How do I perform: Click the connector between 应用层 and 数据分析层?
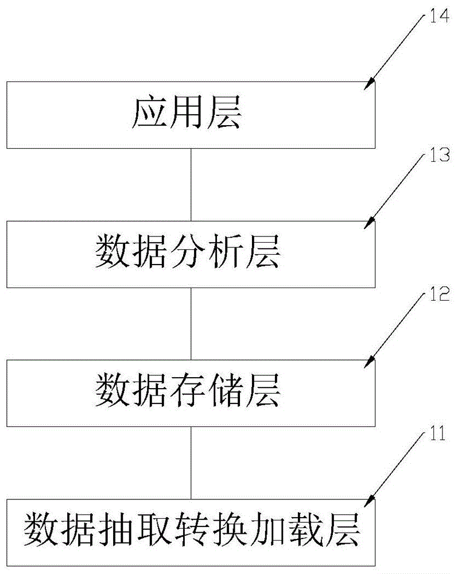[x=190, y=184]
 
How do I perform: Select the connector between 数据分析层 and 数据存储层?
[x=190, y=323]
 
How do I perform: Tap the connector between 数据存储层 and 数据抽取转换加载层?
[x=190, y=463]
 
